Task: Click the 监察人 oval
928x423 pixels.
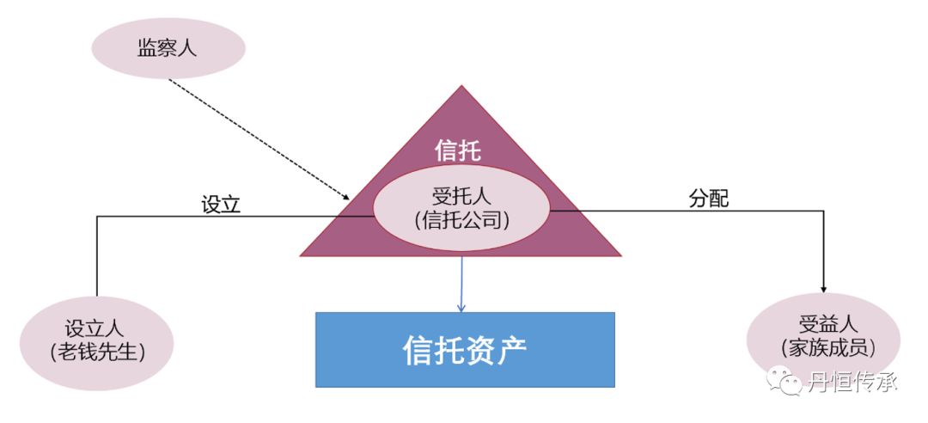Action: (x=168, y=48)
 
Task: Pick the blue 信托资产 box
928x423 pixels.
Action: (x=465, y=349)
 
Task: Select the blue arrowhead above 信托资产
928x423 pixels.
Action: (x=461, y=306)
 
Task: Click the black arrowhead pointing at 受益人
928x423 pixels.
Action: (x=824, y=290)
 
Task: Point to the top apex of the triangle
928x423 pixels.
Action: (x=462, y=87)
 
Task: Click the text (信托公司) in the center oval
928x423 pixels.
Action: (x=461, y=220)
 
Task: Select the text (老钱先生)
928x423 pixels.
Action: (x=96, y=352)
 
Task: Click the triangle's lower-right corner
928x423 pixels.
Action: (x=619, y=255)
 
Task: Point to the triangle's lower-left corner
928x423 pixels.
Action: (x=301, y=255)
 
